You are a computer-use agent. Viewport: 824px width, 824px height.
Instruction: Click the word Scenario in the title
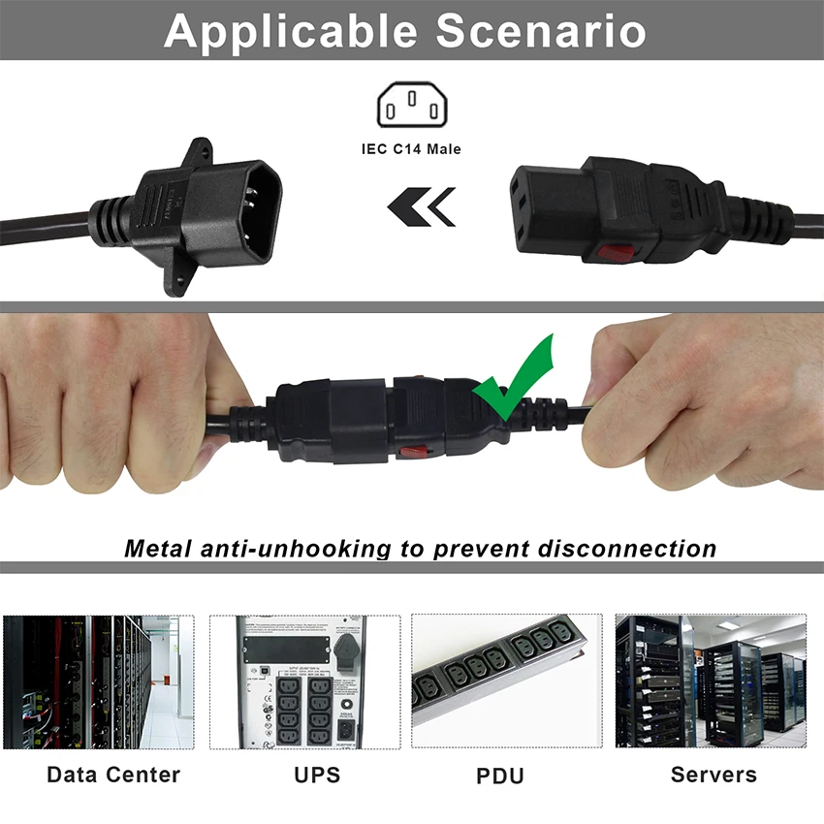(541, 31)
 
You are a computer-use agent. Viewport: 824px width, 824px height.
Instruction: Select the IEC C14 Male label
(412, 149)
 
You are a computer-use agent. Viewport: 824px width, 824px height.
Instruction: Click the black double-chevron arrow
(421, 206)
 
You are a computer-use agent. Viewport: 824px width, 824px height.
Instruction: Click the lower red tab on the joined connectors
(416, 451)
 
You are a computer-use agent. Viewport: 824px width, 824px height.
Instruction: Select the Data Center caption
(113, 775)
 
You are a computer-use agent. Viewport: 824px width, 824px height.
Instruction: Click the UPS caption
(317, 776)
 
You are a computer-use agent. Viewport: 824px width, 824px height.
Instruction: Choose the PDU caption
(500, 776)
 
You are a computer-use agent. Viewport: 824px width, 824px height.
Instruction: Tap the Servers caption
(713, 775)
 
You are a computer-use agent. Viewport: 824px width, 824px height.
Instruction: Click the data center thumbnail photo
(99, 681)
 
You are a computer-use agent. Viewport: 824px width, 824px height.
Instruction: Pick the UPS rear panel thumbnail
(305, 681)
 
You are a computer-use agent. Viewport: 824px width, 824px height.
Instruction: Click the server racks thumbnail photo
(711, 681)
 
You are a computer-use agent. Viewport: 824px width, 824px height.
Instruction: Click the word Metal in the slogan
(159, 548)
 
